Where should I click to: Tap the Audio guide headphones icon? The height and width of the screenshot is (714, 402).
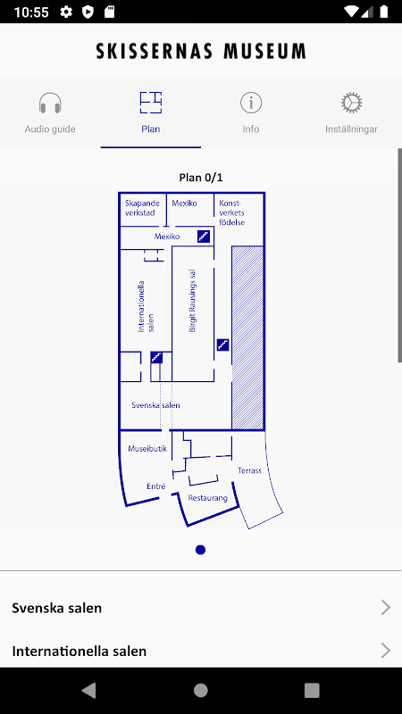tap(50, 103)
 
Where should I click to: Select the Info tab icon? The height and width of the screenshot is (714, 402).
tap(251, 103)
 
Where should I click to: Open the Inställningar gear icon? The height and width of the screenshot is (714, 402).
tap(351, 103)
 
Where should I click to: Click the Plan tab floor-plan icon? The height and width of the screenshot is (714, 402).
tap(151, 103)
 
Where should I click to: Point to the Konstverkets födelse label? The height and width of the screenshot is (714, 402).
tap(232, 212)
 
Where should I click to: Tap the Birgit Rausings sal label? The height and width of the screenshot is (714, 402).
tap(192, 301)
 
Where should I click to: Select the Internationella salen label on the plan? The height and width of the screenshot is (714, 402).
tap(146, 306)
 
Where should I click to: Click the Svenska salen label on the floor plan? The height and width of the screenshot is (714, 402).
tap(155, 405)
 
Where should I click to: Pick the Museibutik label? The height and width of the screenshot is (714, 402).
tap(147, 449)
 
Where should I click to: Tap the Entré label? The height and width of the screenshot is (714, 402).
tap(155, 486)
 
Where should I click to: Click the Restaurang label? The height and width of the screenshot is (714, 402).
tap(208, 498)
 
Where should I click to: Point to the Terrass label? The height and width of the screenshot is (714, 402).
tap(250, 471)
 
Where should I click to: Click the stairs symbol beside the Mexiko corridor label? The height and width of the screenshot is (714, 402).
tap(204, 237)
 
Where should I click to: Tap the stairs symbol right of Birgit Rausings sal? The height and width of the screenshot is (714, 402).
tap(222, 345)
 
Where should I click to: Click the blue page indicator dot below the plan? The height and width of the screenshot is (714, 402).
tap(200, 550)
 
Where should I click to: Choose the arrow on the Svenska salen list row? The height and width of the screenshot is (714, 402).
tap(386, 608)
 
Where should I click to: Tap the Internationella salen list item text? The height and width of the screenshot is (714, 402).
tap(80, 652)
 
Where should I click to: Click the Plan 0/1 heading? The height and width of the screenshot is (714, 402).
tap(201, 177)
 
